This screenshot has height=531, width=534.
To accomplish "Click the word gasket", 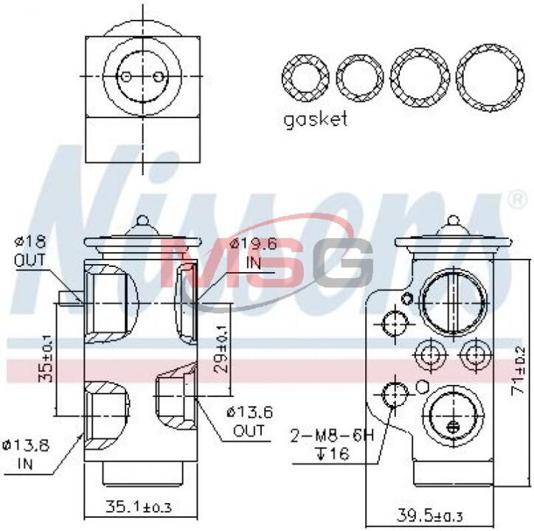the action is (316, 119).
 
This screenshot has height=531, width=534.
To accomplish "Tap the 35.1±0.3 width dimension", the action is (139, 507).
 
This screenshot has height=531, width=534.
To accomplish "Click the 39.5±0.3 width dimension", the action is (429, 516).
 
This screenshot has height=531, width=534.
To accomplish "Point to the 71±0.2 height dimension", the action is (518, 371).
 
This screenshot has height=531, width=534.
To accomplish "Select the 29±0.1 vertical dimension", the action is (221, 348).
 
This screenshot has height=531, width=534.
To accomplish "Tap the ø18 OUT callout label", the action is (30, 251).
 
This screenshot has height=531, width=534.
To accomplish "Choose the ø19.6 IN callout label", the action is (254, 254).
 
